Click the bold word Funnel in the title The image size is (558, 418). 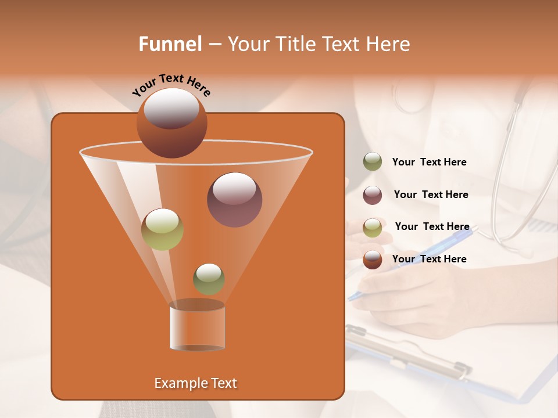click(170, 44)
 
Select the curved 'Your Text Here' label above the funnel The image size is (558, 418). click(171, 85)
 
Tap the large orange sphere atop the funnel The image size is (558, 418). click(171, 122)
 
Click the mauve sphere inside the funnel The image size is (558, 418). click(234, 199)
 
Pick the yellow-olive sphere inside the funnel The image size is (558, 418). click(162, 229)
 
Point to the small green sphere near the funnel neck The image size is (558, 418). click(209, 279)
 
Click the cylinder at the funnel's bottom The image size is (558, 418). click(197, 326)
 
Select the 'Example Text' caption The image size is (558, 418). click(195, 383)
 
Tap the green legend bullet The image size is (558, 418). click(372, 162)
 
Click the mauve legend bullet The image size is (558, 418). click(372, 194)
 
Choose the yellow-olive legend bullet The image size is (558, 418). click(372, 227)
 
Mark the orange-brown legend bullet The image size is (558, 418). click(372, 259)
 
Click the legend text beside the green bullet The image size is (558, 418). click(429, 162)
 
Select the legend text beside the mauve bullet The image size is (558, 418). click(431, 194)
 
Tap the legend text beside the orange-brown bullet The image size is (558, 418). click(429, 259)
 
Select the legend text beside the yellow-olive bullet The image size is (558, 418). click(432, 226)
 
